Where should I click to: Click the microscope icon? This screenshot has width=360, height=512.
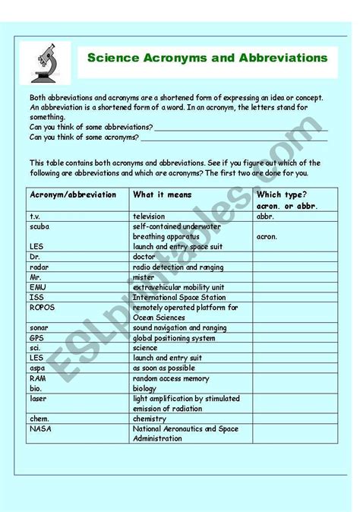(45, 62)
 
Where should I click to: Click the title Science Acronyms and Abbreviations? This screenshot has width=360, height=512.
(207, 58)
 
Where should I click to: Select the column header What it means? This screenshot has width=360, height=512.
(163, 194)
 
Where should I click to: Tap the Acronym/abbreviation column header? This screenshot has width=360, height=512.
(73, 194)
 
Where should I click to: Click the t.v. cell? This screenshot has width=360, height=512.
(37, 216)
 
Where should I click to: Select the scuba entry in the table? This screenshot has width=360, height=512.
(40, 226)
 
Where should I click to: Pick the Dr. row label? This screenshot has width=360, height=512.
(36, 257)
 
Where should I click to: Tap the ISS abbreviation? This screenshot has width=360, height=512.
(36, 297)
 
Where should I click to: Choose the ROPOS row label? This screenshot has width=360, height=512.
(43, 308)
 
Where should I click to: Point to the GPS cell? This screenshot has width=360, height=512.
(37, 337)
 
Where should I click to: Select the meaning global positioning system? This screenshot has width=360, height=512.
(174, 337)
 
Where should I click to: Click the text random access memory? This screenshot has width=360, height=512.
(171, 378)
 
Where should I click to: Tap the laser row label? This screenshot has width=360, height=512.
(38, 398)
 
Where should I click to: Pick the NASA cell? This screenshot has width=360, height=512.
(40, 428)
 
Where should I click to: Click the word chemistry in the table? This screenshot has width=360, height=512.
(150, 419)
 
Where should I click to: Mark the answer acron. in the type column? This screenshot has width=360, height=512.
(267, 236)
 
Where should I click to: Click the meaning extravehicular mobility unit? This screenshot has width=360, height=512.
(178, 287)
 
